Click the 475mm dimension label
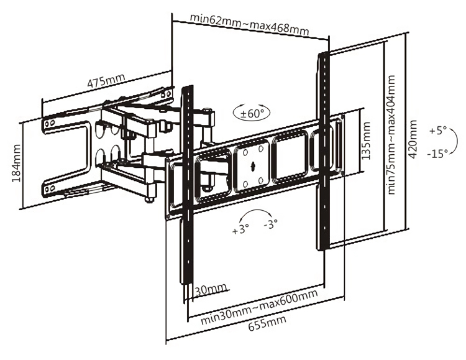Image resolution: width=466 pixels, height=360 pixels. (x=105, y=81)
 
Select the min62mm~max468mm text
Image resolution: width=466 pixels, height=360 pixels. (x=249, y=24)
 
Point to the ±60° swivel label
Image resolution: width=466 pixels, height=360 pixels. (x=252, y=113)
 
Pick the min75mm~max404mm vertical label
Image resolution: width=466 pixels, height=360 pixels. (x=391, y=136)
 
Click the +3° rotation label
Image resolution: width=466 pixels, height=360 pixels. (x=240, y=229)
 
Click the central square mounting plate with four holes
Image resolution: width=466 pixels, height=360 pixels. (x=253, y=166)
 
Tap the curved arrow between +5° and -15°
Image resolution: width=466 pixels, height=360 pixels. (x=427, y=142)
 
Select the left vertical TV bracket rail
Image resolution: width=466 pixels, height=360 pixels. (x=187, y=187)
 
